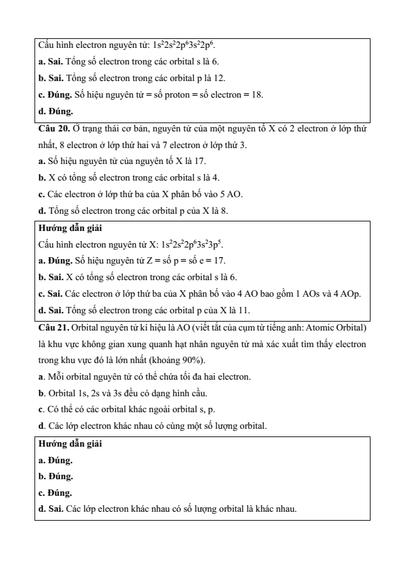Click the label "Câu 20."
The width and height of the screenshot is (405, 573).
click(53, 130)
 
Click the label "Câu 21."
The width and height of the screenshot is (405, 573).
click(53, 329)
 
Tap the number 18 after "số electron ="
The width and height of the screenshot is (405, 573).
click(257, 94)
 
